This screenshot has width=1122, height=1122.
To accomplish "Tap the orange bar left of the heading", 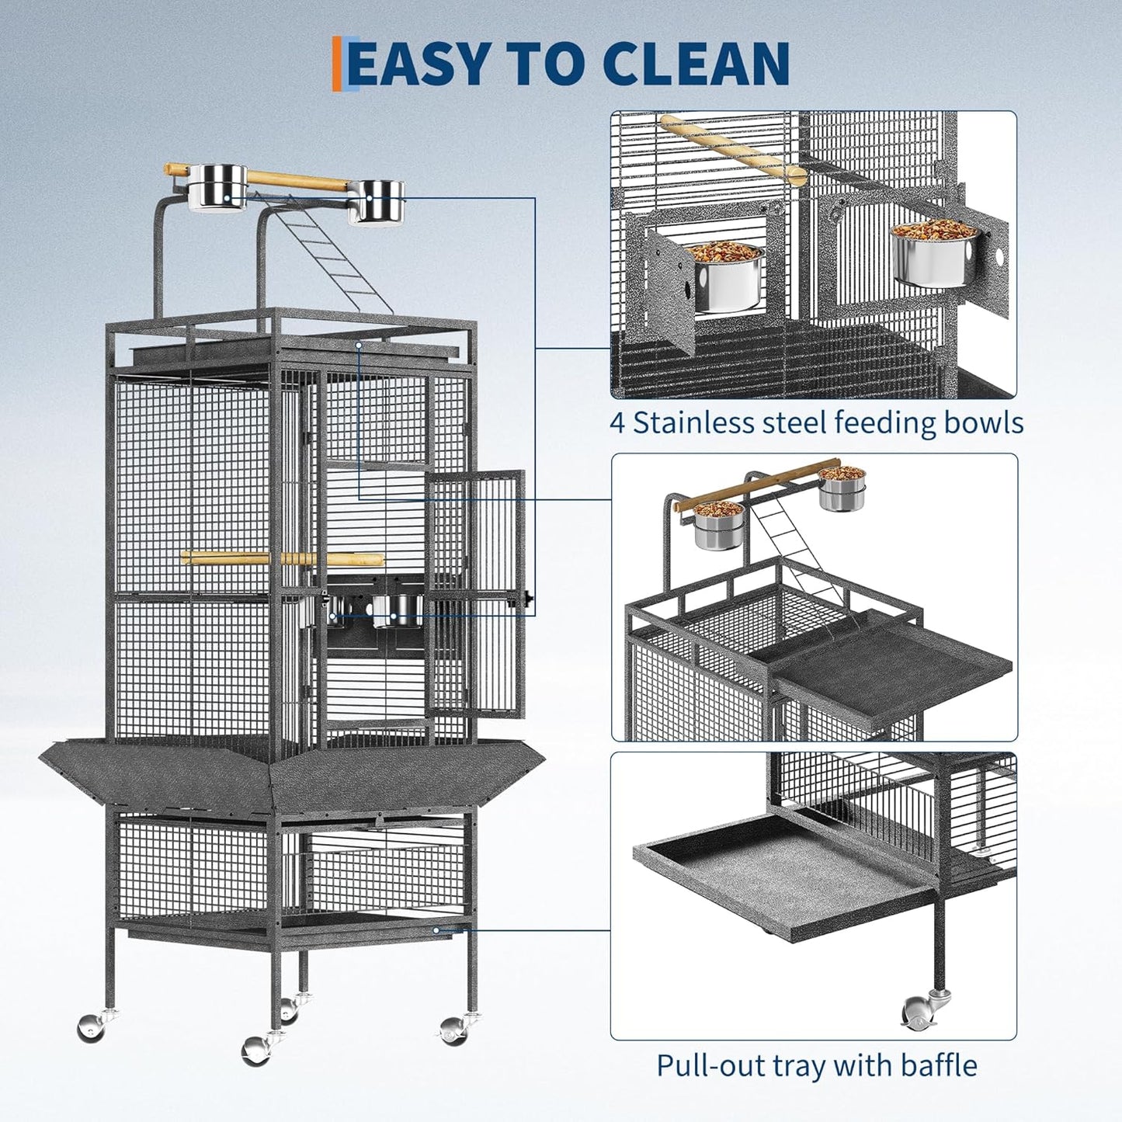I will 336,64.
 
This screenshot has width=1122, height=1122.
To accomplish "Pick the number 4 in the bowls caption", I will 617,423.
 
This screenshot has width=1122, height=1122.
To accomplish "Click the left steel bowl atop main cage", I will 217,187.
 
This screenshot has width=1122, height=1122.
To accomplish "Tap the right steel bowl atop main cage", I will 377,201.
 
